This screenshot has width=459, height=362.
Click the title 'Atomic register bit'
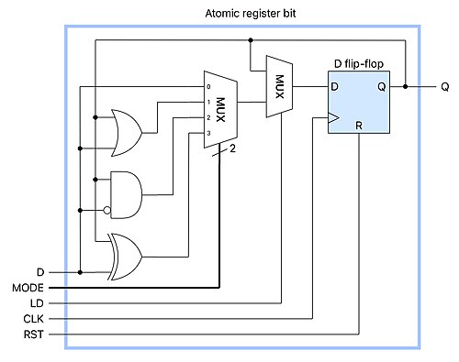tap(251, 14)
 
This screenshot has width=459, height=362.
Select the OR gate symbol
tap(127, 133)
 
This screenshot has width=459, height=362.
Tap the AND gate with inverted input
tap(126, 195)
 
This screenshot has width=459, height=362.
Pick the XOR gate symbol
tap(125, 257)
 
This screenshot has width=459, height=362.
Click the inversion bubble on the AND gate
tap(106, 211)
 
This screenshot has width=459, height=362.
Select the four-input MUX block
tap(220, 110)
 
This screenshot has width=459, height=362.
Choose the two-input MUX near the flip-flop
tap(279, 86)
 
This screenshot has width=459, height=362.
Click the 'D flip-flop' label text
tap(359, 64)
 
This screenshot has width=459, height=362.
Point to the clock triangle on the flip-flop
tap(333, 117)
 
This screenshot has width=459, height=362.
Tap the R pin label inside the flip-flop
tap(359, 126)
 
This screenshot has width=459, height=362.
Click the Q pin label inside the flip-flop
tap(382, 87)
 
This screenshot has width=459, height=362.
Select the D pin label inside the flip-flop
tap(334, 87)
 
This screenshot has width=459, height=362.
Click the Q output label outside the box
tap(445, 87)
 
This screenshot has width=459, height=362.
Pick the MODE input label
tap(28, 288)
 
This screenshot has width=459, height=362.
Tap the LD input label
tap(37, 303)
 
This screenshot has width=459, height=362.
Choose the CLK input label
tap(33, 319)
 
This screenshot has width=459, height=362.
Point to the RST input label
tap(34, 335)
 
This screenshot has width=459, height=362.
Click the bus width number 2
tap(232, 148)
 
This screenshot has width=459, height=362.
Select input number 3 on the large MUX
tap(208, 133)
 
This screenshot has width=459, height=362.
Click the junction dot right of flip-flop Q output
tap(406, 87)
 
